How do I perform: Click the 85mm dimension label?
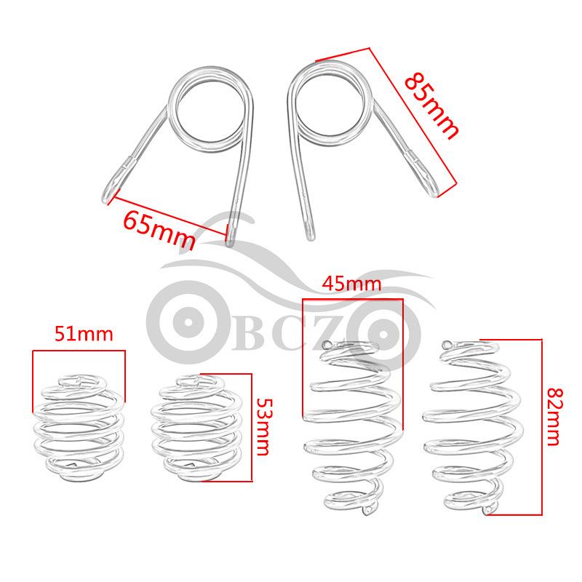[x=431, y=106]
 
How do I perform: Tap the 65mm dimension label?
[x=159, y=231]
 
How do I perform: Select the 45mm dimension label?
[x=351, y=284]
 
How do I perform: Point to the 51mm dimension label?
[x=84, y=334]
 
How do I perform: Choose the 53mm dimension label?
[x=265, y=427]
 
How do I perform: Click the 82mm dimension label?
[x=555, y=416]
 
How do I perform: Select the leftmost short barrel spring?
[x=79, y=428]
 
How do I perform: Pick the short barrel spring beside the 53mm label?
[x=196, y=428]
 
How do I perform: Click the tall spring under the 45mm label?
[x=352, y=428]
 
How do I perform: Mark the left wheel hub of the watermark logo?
[x=188, y=322]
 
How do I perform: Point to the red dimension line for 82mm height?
[x=541, y=427]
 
